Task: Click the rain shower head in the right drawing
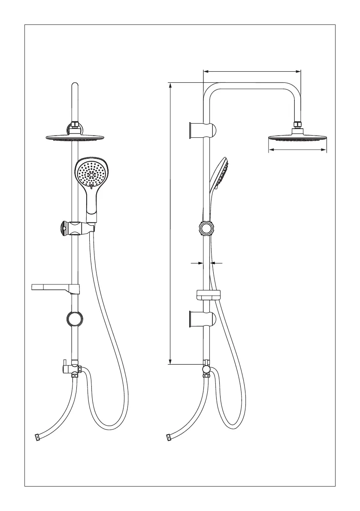pyautogui.click(x=297, y=138)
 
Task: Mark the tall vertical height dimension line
pyautogui.click(x=171, y=223)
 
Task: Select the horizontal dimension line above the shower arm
pyautogui.click(x=252, y=72)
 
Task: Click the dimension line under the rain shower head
pyautogui.click(x=297, y=150)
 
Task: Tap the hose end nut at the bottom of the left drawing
pyautogui.click(x=37, y=437)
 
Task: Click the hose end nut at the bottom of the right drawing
pyautogui.click(x=168, y=437)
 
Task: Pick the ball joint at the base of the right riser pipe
pyautogui.click(x=206, y=368)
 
